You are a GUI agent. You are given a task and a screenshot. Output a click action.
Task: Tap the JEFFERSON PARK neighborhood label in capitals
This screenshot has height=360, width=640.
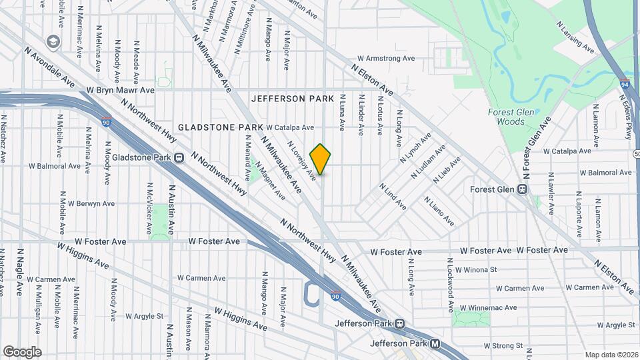(293, 99)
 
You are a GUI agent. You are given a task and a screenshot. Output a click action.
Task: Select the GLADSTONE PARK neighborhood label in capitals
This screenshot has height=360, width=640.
(220, 127)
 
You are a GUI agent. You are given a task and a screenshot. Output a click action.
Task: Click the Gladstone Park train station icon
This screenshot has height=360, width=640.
(179, 157)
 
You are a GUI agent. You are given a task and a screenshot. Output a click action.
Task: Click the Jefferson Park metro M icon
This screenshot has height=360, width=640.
(435, 344)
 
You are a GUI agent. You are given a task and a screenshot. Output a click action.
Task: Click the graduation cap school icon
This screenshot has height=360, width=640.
(51, 42)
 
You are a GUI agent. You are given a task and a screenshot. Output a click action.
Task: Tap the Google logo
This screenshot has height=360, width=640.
(22, 351)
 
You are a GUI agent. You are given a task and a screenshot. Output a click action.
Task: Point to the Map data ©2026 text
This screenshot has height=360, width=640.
(611, 355)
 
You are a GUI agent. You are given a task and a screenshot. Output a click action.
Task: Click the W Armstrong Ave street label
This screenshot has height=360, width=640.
(386, 59)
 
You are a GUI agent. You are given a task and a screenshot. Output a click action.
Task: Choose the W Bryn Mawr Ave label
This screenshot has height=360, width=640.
(120, 89)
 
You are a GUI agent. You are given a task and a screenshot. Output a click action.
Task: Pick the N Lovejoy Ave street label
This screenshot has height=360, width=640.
(301, 159)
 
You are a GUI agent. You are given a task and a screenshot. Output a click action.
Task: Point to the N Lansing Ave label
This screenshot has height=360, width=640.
(575, 37)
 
